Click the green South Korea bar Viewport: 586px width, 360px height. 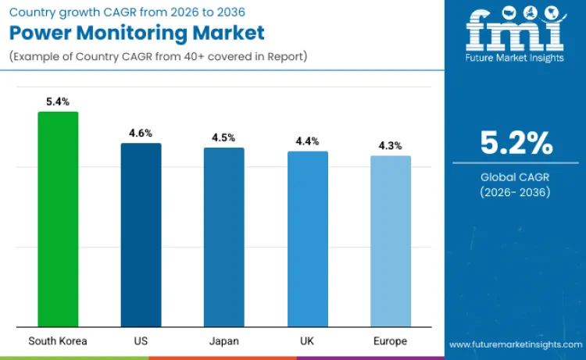tap(58, 219)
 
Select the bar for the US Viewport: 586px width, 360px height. tap(141, 235)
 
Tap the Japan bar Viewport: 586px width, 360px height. tap(224, 237)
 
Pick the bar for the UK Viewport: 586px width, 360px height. tap(307, 239)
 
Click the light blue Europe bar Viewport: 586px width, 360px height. tap(390, 241)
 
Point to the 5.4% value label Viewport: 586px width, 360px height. tap(58, 102)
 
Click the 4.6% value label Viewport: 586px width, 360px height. tap(141, 134)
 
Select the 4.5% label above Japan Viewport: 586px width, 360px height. tap(224, 137)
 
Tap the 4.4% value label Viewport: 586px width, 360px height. tap(307, 141)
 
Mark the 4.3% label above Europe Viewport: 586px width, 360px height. tap(390, 145)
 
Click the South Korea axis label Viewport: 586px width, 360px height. tap(58, 341)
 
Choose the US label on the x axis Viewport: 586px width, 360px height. tap(141, 341)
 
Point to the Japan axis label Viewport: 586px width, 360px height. tap(224, 341)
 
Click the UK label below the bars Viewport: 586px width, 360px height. tap(307, 341)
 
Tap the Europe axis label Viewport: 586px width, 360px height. tap(390, 341)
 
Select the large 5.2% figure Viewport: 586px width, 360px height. tap(516, 143)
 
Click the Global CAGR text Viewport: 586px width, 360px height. tap(516, 177)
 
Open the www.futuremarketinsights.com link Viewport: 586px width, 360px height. tap(516, 344)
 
